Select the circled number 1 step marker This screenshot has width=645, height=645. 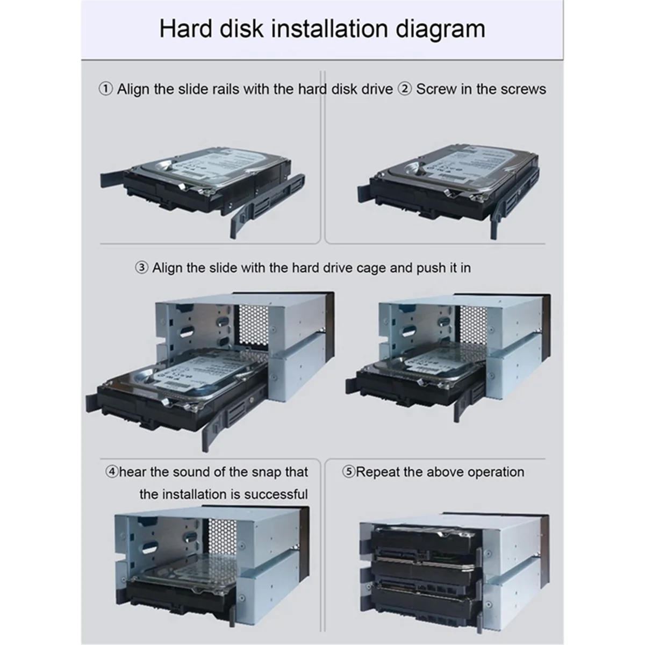[106, 89]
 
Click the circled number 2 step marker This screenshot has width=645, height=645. [404, 89]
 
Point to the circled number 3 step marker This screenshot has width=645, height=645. [141, 268]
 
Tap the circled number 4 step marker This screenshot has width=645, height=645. [112, 472]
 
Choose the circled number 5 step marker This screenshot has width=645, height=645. [349, 472]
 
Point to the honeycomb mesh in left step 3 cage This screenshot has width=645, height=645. [252, 324]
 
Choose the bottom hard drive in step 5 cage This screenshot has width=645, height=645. [425, 594]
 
